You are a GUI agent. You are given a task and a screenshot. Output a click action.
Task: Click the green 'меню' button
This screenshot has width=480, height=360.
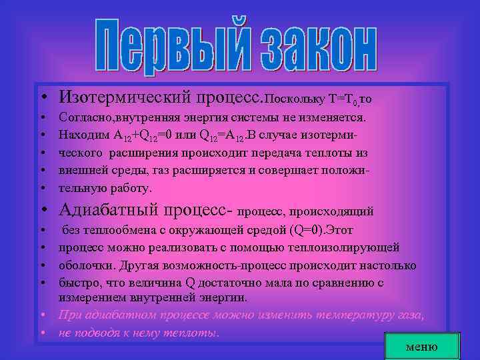tap(422, 346)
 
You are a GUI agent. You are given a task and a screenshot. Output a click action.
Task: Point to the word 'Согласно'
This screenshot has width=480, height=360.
tap(84, 117)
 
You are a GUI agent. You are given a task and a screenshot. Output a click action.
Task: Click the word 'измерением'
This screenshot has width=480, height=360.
tap(91, 297)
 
